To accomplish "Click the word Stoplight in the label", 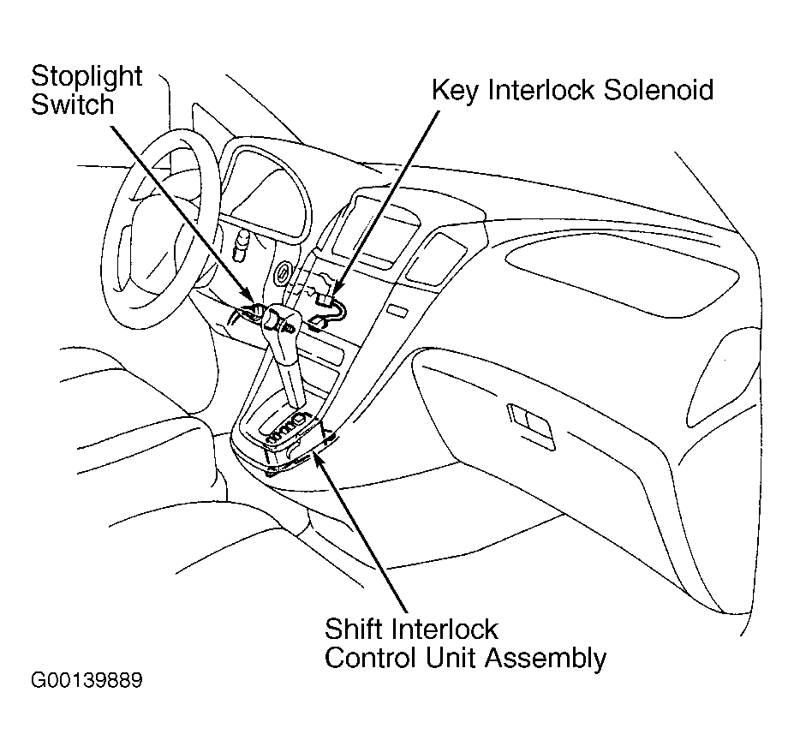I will pos(87,76).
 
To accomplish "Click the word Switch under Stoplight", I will pos(72,105).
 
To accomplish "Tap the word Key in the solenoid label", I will pos(453,90).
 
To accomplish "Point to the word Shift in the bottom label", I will pos(352,630).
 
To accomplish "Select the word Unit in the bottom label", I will pos(451,658).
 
